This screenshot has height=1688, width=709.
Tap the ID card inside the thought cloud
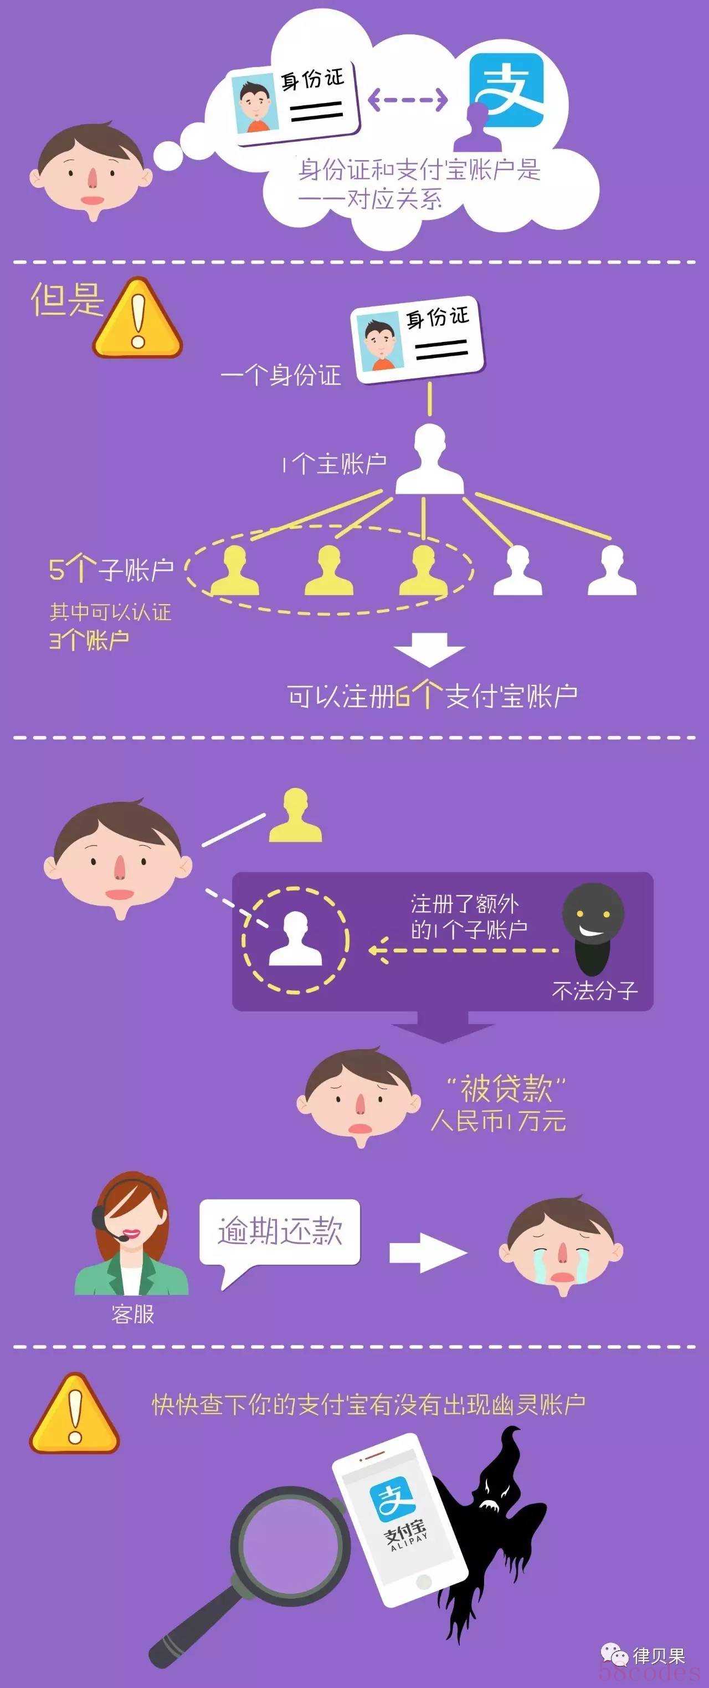296,102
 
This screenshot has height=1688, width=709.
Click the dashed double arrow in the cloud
408,100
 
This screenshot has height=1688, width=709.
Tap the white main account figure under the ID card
429,459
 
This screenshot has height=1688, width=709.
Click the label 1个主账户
334,464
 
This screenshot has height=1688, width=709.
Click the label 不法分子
594,990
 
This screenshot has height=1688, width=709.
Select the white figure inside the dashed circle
296,939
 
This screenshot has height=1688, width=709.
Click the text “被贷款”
505,1088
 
